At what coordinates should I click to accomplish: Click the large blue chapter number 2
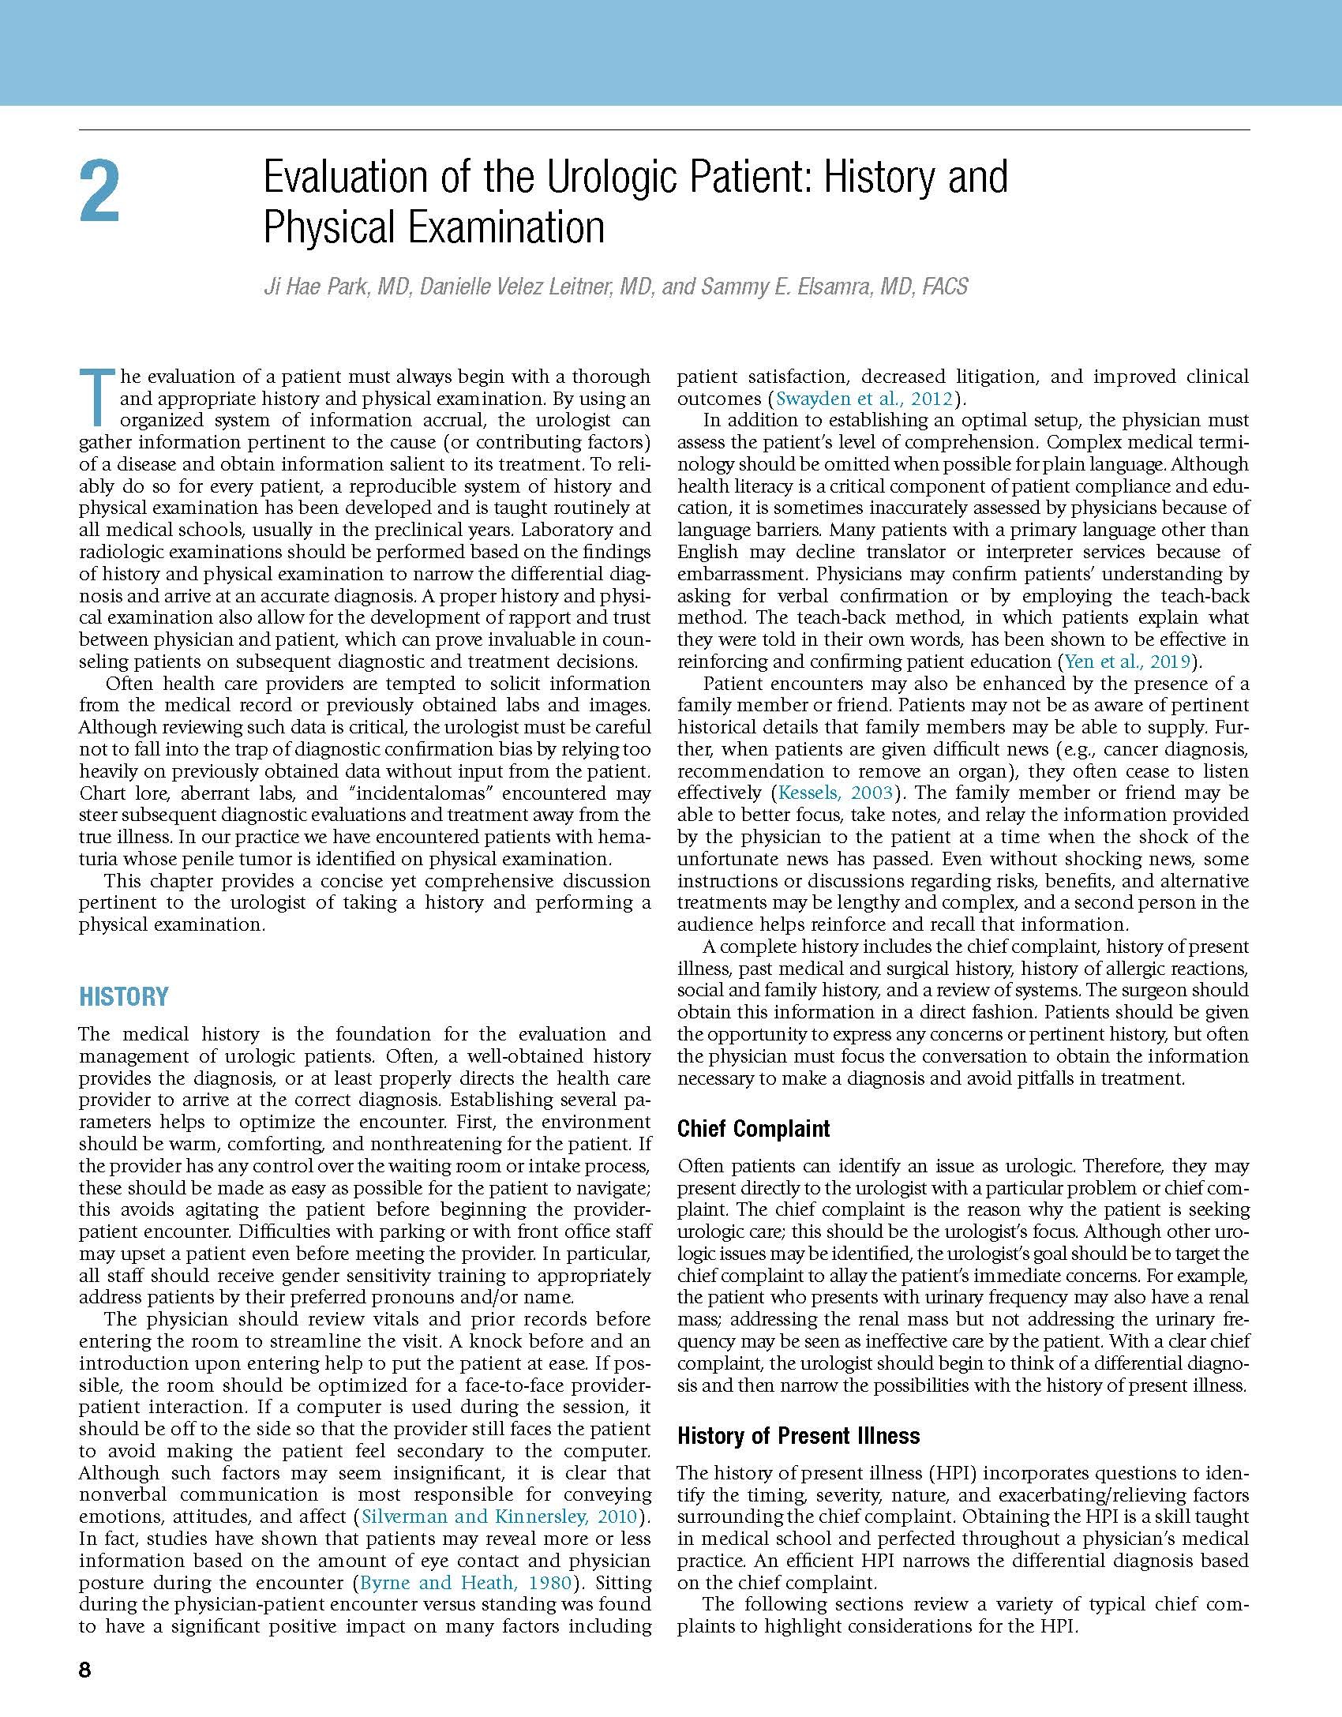[x=100, y=192]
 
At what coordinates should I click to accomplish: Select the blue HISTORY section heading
[x=124, y=997]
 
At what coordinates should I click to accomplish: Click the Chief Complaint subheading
[x=753, y=1129]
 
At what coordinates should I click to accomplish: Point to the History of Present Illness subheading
[x=798, y=1436]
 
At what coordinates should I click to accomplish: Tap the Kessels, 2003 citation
[x=836, y=793]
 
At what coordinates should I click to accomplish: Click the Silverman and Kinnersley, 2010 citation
[x=500, y=1516]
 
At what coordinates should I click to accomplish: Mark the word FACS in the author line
[x=941, y=286]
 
